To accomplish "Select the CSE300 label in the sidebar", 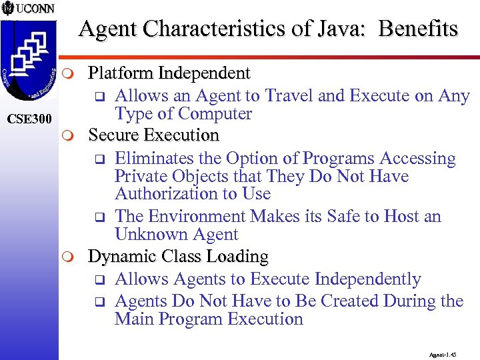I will pos(27,120).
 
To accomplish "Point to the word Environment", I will pos(197,217).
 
